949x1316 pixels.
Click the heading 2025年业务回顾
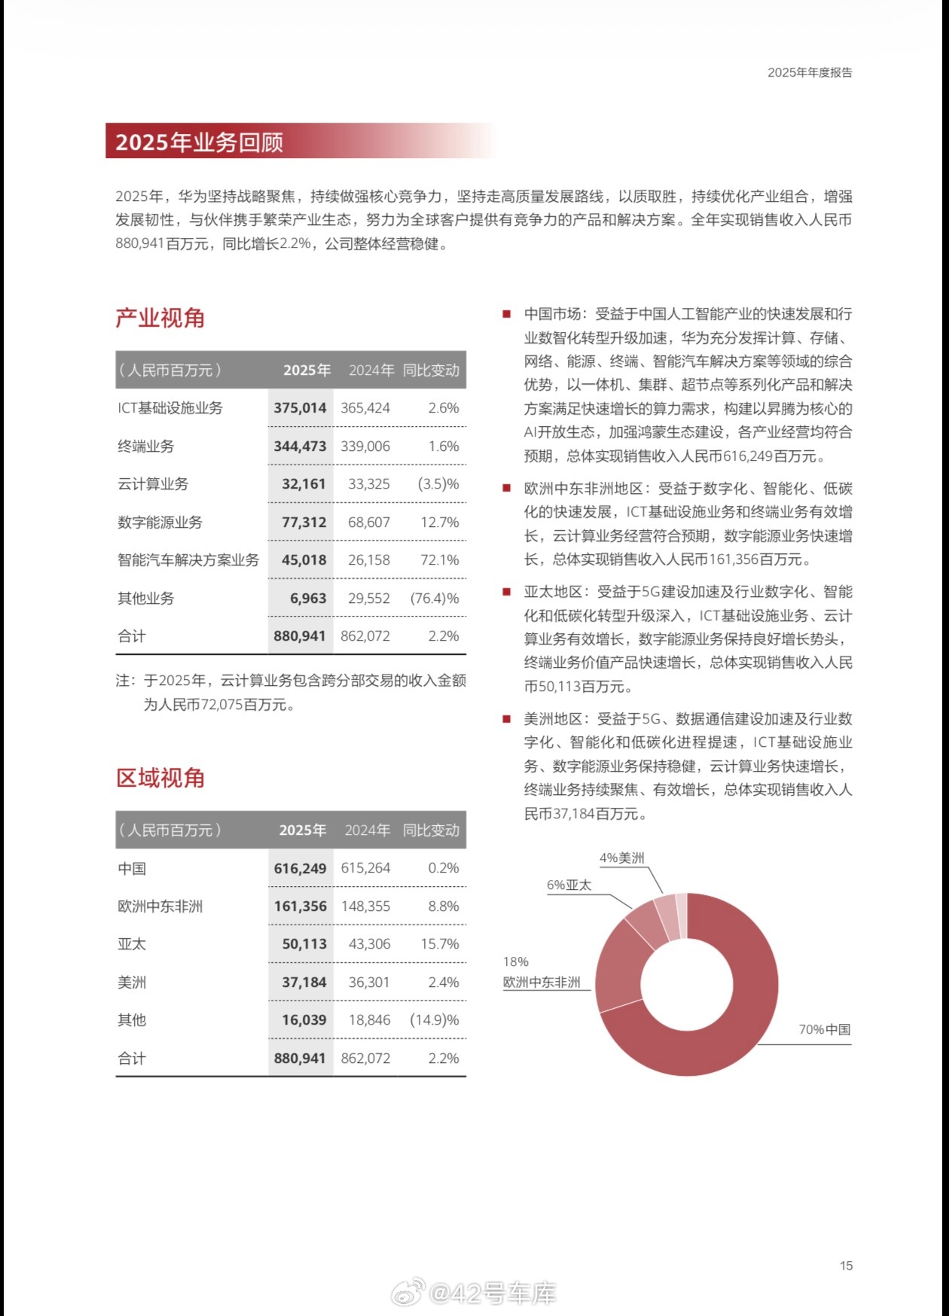tap(199, 142)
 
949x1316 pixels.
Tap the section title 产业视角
tap(160, 318)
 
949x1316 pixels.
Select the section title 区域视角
tap(160, 778)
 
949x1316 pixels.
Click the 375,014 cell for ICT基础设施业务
tap(300, 408)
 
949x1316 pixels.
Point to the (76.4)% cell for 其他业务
tap(435, 599)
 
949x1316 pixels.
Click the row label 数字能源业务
tap(160, 522)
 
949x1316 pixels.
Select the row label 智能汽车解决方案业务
tap(188, 560)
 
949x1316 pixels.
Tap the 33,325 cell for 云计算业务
tap(368, 484)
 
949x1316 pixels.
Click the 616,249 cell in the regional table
tap(300, 869)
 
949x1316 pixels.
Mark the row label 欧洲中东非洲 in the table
tap(160, 906)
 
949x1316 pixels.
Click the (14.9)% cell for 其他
tap(435, 1020)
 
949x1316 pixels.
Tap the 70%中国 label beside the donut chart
tap(825, 1029)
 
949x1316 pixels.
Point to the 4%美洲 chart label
tap(621, 858)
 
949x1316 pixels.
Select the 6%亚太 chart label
tap(569, 885)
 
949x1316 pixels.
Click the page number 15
tap(846, 1266)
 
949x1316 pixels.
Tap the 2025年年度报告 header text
tap(810, 73)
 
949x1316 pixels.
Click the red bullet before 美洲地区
tap(507, 719)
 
